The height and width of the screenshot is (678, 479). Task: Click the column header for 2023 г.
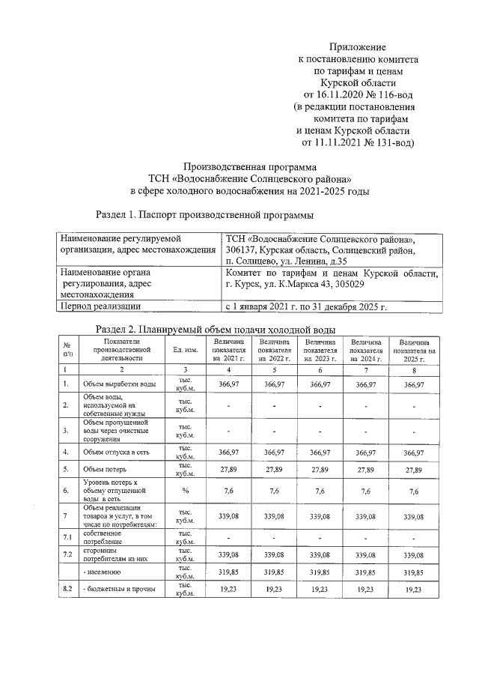coord(320,350)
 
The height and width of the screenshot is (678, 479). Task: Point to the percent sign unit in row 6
coord(184,491)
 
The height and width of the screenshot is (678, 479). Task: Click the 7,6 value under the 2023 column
coord(320,491)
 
